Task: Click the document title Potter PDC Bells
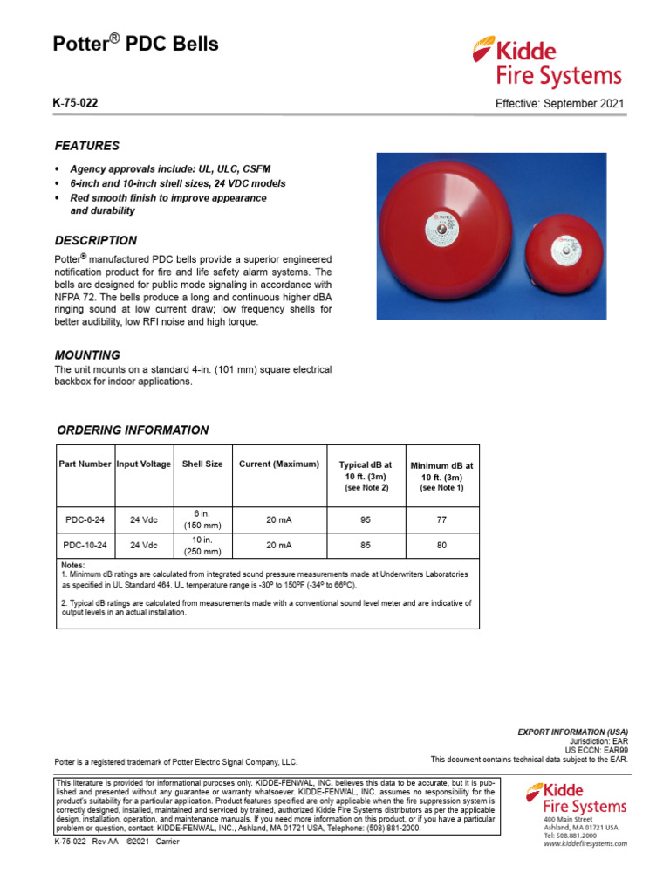click(136, 45)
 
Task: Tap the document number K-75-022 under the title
click(76, 103)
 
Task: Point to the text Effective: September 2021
click(559, 104)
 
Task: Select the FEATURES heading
click(87, 146)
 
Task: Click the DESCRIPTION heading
click(96, 240)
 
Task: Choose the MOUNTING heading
click(87, 355)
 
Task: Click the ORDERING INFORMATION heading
click(133, 430)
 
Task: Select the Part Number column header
click(85, 464)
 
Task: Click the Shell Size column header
click(202, 464)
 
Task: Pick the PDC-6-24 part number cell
click(85, 519)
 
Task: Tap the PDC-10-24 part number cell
click(85, 546)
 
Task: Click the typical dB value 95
click(365, 519)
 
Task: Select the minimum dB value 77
click(441, 519)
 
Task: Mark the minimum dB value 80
click(441, 546)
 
